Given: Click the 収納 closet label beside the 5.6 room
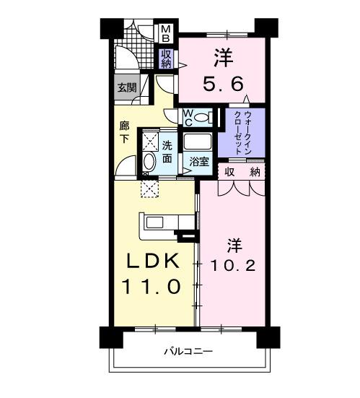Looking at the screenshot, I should [166, 59].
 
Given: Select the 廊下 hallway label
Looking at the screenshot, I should [124, 132].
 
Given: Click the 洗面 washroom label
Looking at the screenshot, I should [167, 149].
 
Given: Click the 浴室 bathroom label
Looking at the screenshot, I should [200, 162].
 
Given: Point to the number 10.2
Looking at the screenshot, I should [232, 265].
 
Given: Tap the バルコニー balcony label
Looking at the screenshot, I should [187, 352].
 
